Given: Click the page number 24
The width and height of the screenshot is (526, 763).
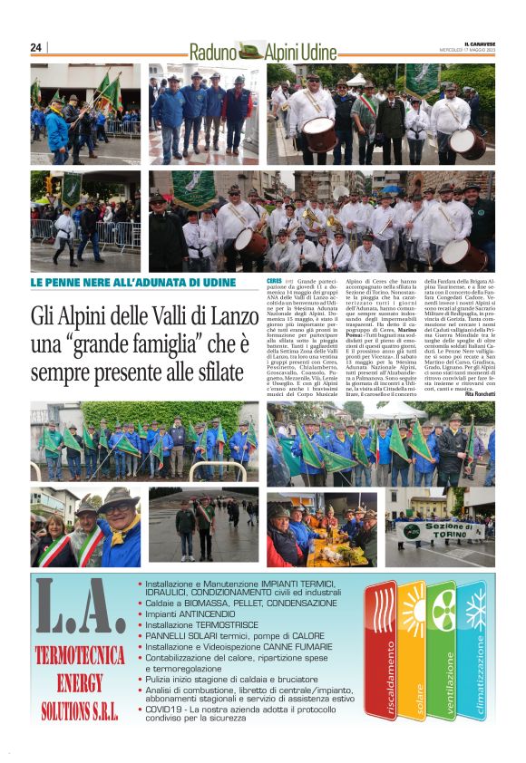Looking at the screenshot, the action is tap(36, 47).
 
